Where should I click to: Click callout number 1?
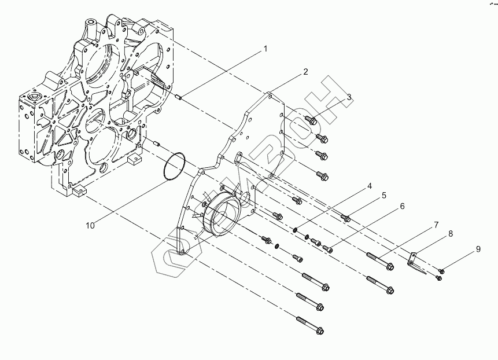tap(265, 49)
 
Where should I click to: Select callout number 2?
tap(305, 72)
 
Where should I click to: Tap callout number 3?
tap(349, 98)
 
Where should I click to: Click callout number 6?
tap(401, 205)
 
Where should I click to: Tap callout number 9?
tap(478, 249)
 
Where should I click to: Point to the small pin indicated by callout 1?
tap(179, 97)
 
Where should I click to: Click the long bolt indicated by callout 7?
tap(379, 261)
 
